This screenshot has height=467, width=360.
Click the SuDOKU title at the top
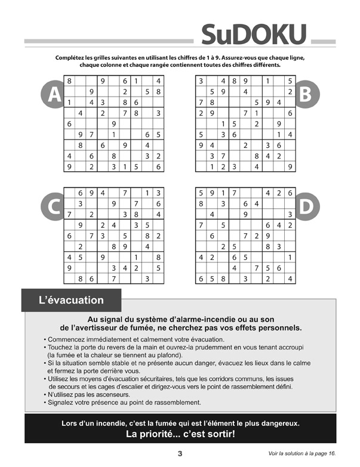[254, 35]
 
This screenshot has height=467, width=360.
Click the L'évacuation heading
[71, 301]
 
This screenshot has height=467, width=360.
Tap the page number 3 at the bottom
[180, 454]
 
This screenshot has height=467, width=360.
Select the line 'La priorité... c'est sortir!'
[180, 434]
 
